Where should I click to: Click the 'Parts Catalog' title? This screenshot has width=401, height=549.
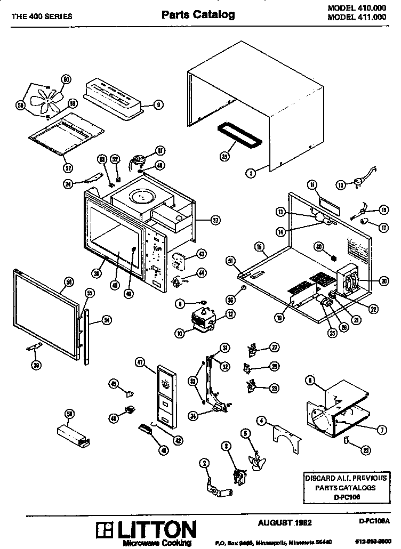pyautogui.click(x=198, y=15)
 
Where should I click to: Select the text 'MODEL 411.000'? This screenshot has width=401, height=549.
pyautogui.click(x=357, y=17)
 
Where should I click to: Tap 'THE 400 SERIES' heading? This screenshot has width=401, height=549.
pyautogui.click(x=42, y=16)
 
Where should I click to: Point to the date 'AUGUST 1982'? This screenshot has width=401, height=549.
pyautogui.click(x=285, y=522)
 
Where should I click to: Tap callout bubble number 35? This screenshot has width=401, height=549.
pyautogui.click(x=224, y=157)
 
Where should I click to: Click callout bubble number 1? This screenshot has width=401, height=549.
pyautogui.click(x=250, y=172)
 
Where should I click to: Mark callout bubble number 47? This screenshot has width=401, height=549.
pyautogui.click(x=140, y=362)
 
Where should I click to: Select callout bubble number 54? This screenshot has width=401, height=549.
pyautogui.click(x=107, y=320)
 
